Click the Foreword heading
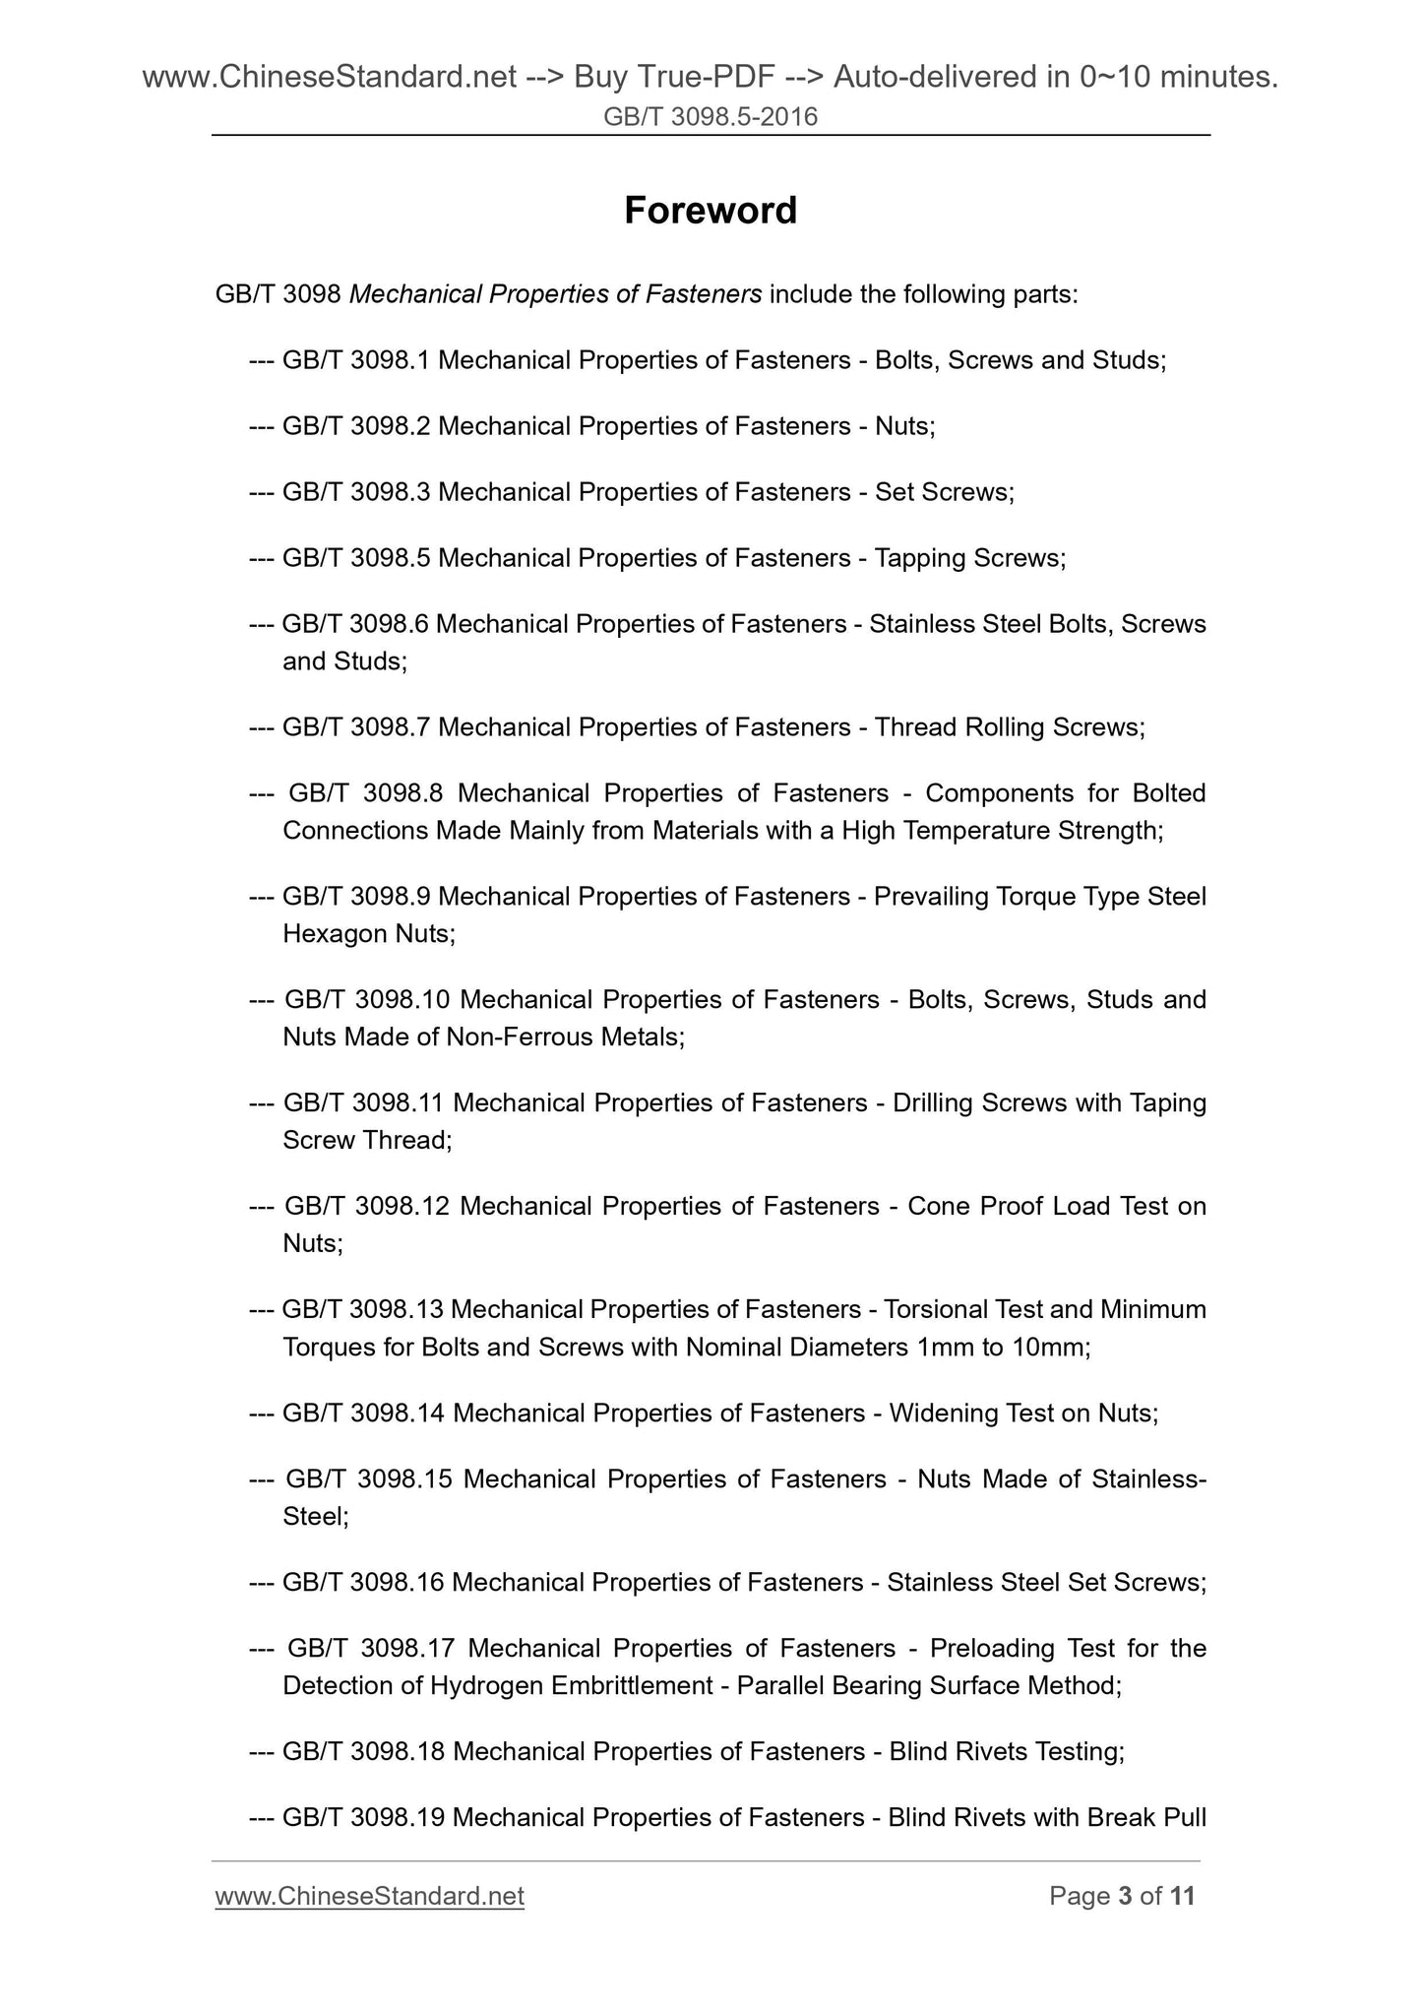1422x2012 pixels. point(711,211)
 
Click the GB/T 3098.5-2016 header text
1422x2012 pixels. point(711,118)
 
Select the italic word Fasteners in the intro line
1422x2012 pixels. point(704,294)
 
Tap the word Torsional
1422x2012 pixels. point(936,1309)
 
